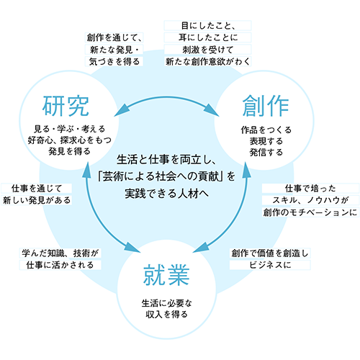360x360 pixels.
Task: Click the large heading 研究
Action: point(66,107)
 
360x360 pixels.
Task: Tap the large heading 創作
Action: point(266,106)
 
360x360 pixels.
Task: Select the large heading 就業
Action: point(166,275)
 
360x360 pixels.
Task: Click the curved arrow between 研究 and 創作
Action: point(166,97)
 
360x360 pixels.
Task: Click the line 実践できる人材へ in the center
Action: point(166,194)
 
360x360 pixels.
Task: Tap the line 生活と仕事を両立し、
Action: point(166,160)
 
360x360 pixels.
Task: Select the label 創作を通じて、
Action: point(114,37)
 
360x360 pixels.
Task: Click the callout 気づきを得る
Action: point(114,62)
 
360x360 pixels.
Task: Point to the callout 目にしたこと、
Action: point(208,26)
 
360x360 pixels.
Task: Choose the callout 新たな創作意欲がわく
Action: point(208,62)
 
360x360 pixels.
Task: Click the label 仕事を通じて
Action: point(37,189)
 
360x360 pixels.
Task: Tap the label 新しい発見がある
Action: point(37,200)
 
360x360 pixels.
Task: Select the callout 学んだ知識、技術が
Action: point(60,253)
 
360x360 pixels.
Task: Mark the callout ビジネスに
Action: point(270,265)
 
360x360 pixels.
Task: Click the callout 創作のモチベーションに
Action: point(310,212)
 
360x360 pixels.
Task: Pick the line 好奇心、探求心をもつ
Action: point(69,140)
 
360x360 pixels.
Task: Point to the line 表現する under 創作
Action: point(266,141)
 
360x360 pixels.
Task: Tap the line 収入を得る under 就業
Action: point(166,315)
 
